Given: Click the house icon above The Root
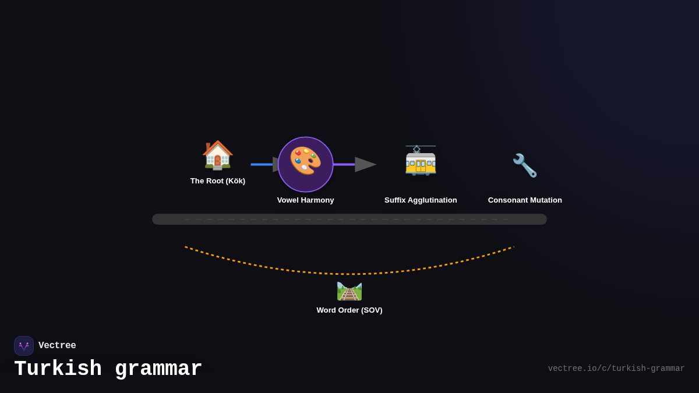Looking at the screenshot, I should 217,155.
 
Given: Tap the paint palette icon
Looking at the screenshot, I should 305,161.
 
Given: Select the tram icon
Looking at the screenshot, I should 421,161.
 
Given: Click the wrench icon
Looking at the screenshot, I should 525,165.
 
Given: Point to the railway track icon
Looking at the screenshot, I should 349,291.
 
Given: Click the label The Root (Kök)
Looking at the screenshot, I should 218,181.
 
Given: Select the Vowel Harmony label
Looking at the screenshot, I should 305,200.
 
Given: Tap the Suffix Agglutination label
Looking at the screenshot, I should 421,200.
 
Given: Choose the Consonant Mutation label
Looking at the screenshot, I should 525,200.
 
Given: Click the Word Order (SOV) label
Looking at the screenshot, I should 349,310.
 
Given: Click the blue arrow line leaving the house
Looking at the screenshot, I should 262,164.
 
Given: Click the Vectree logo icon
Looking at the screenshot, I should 24,346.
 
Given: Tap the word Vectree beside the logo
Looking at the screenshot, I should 57,346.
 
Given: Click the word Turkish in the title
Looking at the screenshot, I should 58,369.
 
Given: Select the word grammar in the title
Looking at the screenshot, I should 158,369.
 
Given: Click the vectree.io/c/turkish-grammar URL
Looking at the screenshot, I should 616,369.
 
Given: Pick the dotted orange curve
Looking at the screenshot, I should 349,274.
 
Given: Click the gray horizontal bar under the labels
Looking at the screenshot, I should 349,219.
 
